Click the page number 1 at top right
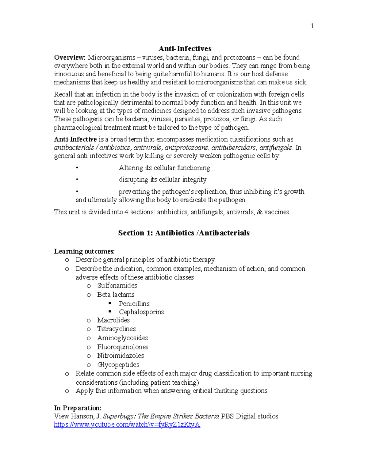312,26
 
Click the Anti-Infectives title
185,48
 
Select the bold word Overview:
70,57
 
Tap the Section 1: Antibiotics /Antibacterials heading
184,233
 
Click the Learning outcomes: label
84,251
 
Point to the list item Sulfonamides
117,286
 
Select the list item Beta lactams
116,295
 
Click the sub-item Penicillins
134,304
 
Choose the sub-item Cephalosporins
141,312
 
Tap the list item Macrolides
113,320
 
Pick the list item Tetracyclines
116,329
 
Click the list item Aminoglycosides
122,338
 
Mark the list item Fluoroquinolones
123,347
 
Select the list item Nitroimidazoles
121,356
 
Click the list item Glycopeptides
118,365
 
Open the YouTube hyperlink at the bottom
127,425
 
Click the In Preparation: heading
78,408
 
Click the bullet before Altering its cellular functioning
77,168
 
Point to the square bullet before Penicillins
110,303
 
